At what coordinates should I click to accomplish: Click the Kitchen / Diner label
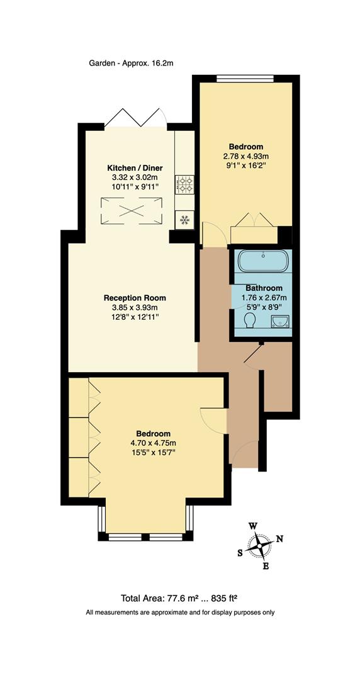coord(135,168)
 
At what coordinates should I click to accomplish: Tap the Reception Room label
coord(135,298)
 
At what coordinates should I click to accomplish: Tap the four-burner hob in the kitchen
coord(185,184)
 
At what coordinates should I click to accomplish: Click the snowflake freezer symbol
coord(185,220)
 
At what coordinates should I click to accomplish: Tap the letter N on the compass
coord(280,538)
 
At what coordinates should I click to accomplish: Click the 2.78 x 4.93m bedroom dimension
coord(245,156)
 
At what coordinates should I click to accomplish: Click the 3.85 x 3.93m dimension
coord(135,307)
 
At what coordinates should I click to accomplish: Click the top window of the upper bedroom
coord(245,79)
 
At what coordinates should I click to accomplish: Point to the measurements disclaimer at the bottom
coord(180,613)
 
